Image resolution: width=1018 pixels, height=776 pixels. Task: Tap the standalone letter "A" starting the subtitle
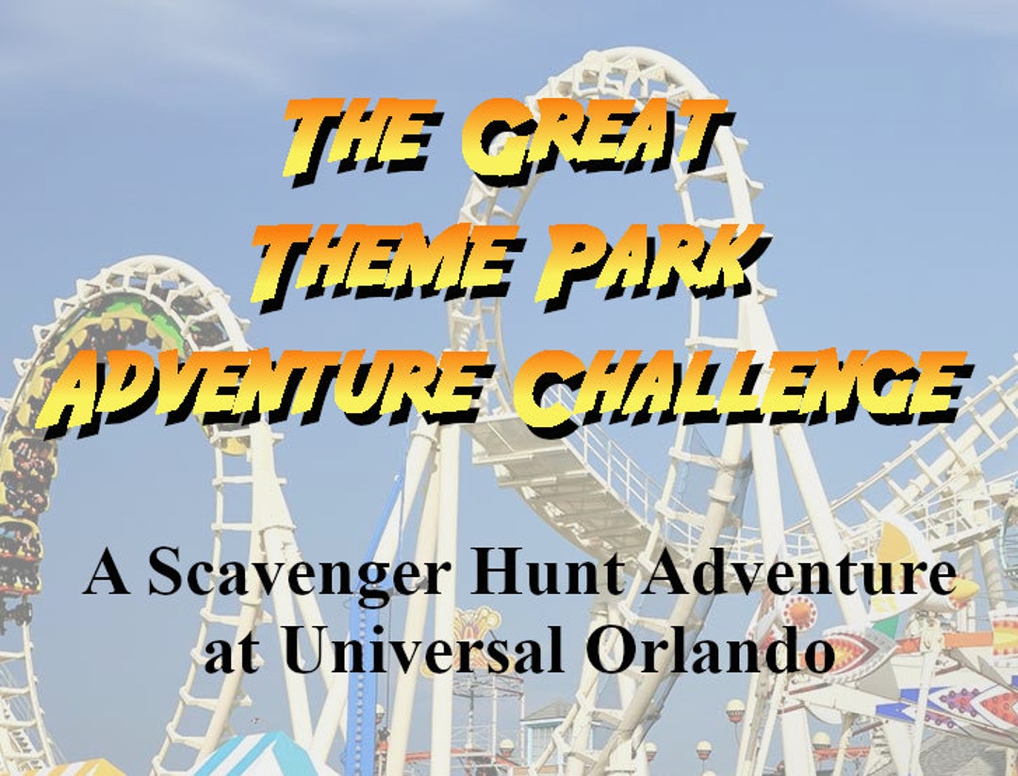click(107, 575)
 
